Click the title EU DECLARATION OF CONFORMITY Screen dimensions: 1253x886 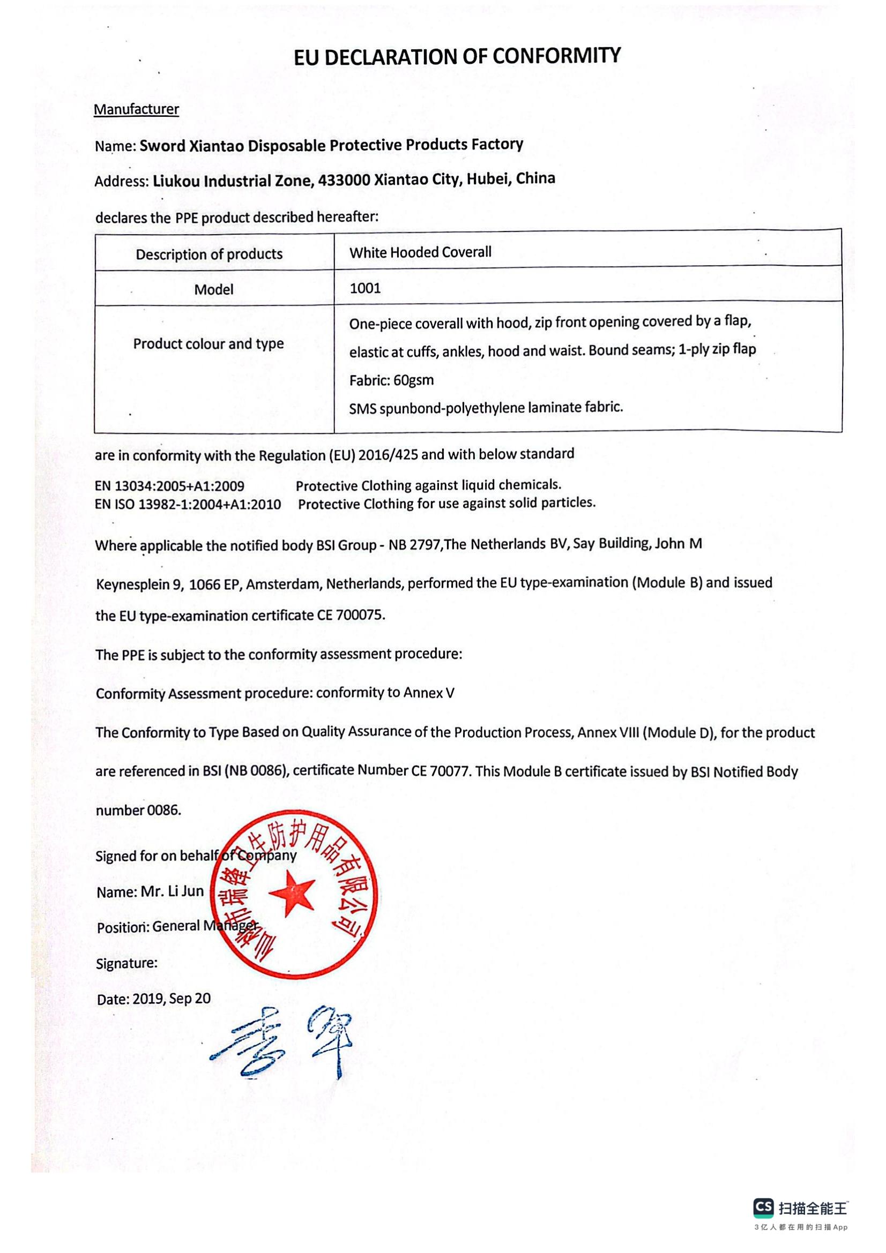457,56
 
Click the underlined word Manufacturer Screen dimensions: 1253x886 136,109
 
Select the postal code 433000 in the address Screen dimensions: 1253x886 343,180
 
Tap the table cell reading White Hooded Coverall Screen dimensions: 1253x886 420,252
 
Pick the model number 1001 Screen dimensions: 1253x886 364,288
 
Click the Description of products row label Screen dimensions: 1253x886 209,254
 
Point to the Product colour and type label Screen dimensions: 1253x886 209,344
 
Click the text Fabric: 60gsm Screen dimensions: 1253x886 391,380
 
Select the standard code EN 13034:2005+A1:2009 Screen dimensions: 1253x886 170,486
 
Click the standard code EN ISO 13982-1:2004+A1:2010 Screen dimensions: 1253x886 188,504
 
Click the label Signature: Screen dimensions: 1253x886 126,963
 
